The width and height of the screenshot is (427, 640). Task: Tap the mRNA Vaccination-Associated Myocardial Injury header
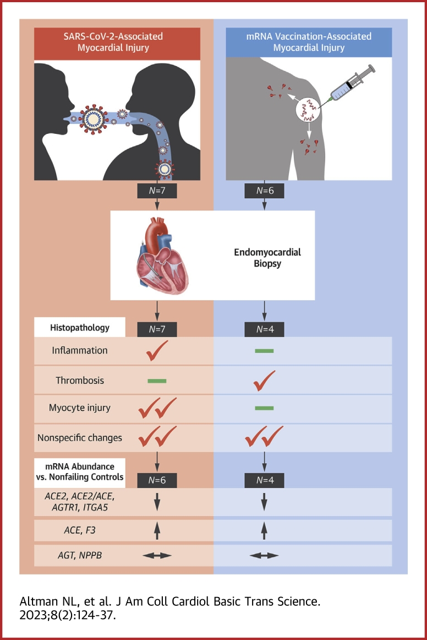tap(309, 42)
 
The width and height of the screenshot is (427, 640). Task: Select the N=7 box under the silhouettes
tap(157, 191)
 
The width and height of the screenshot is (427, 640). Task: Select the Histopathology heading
tap(80, 328)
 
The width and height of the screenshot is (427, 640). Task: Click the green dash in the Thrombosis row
tap(157, 381)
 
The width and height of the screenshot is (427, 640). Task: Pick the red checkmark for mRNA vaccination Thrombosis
tap(264, 380)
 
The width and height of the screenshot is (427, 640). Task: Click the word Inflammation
tap(80, 350)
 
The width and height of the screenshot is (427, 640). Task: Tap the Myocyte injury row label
tap(80, 409)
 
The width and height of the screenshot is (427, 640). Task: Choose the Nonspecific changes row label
tap(80, 438)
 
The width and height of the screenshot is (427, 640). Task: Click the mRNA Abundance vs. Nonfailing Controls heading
tap(80, 472)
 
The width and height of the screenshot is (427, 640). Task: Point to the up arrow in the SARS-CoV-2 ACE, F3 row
tap(157, 530)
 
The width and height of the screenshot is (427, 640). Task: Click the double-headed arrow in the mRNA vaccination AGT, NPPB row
tap(264, 555)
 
